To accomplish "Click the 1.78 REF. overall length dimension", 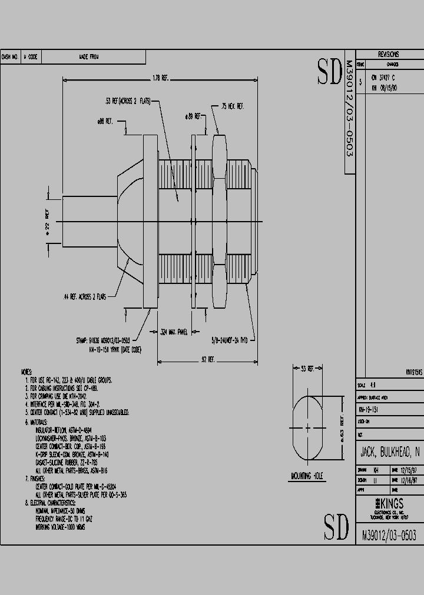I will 160,78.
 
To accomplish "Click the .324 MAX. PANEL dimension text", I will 174,332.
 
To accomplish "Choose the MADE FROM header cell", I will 89,57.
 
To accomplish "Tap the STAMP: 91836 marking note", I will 111,340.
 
